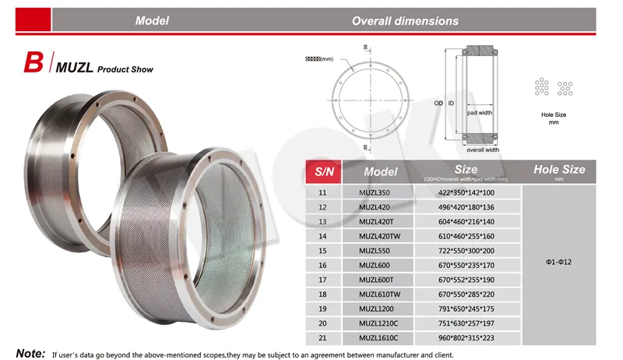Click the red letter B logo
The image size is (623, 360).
[x=33, y=64]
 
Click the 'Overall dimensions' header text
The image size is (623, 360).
[x=405, y=21]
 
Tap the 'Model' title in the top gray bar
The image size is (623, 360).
[x=152, y=21]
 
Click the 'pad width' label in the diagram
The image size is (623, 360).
[x=480, y=112]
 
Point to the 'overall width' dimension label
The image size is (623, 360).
[x=482, y=149]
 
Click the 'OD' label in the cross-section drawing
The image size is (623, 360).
[x=438, y=103]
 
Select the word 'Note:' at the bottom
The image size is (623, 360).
[x=30, y=353]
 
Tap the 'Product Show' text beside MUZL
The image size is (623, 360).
[x=125, y=69]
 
